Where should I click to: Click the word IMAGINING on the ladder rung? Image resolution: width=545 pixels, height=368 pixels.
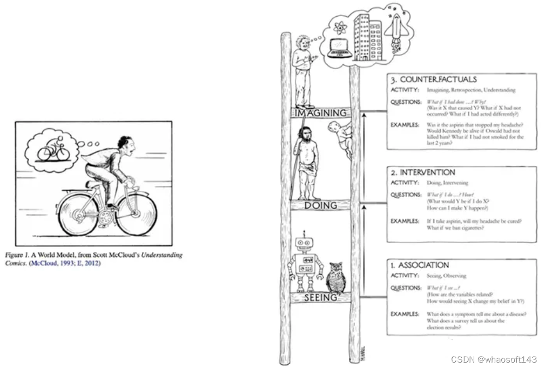coord(320,113)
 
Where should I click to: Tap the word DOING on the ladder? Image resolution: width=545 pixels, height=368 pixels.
coord(320,205)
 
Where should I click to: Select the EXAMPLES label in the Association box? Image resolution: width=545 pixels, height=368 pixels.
coord(405,314)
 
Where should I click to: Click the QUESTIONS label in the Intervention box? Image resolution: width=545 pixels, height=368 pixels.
coord(406,195)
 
